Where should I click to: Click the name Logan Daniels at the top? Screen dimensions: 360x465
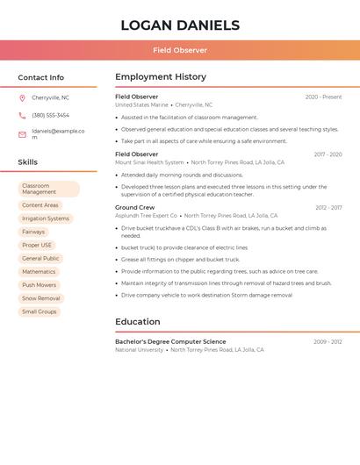(x=180, y=25)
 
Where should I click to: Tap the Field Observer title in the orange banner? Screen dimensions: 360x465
(x=180, y=51)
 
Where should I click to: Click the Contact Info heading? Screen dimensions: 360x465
(x=40, y=77)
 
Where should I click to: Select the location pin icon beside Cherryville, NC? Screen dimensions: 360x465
(x=22, y=98)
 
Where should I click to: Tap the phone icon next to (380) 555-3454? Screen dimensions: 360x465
(x=22, y=116)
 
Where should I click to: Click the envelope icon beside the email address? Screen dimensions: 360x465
(x=22, y=134)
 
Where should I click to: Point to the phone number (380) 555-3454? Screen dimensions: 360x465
(x=50, y=116)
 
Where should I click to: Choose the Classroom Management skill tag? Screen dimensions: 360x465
(x=48, y=189)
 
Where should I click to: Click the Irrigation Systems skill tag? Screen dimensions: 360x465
(x=46, y=218)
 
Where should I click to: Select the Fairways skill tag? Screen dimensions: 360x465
(x=33, y=232)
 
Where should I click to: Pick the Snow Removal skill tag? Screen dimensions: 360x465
(x=41, y=298)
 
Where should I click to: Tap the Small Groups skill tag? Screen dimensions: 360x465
(x=40, y=311)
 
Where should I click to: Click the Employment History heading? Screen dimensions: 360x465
(x=161, y=77)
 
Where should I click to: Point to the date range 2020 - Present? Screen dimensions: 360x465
(x=323, y=97)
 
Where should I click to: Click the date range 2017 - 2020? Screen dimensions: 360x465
(x=328, y=154)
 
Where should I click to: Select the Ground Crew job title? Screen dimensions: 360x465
(x=134, y=208)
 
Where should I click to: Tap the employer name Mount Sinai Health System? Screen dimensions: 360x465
(x=149, y=162)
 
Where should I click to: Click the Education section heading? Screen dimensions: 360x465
(x=137, y=322)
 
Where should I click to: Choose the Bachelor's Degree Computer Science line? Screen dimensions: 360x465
(x=170, y=341)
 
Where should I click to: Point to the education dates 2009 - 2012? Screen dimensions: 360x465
(x=328, y=341)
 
